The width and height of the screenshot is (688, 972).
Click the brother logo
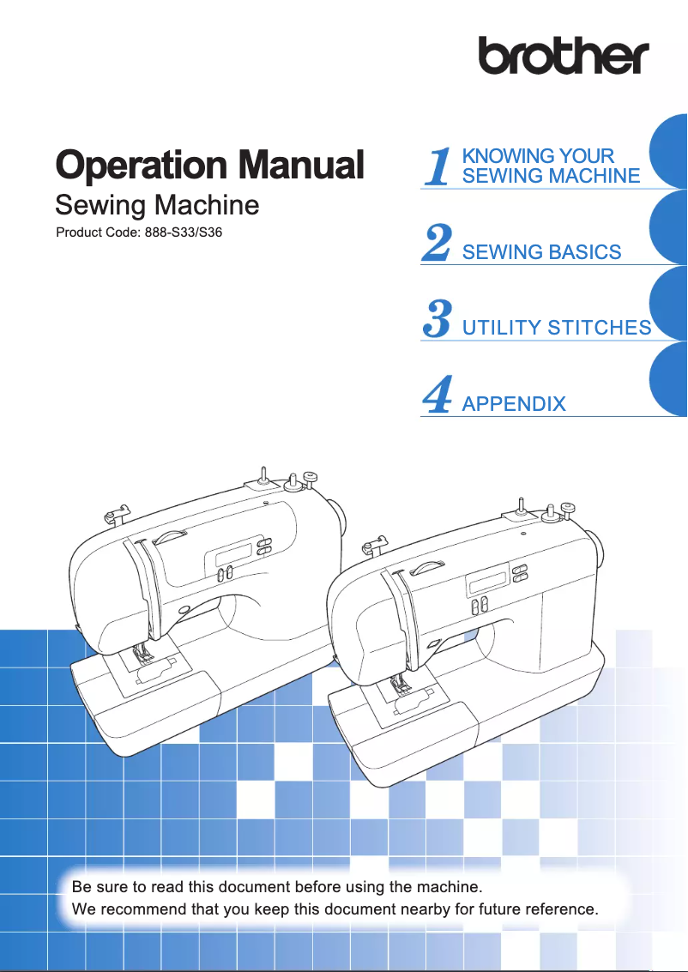pos(564,56)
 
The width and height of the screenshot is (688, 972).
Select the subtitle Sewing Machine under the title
pos(156,206)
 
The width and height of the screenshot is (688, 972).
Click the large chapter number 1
pos(438,166)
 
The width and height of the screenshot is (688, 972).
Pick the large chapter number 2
pos(438,243)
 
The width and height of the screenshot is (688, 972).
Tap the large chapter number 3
pos(438,318)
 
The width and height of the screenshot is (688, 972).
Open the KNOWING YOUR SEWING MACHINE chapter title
pos(550,166)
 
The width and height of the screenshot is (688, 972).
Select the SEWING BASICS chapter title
pos(541,252)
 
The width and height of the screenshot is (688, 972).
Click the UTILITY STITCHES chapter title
pos(556,328)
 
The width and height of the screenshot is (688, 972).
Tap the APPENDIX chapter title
pos(513,403)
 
